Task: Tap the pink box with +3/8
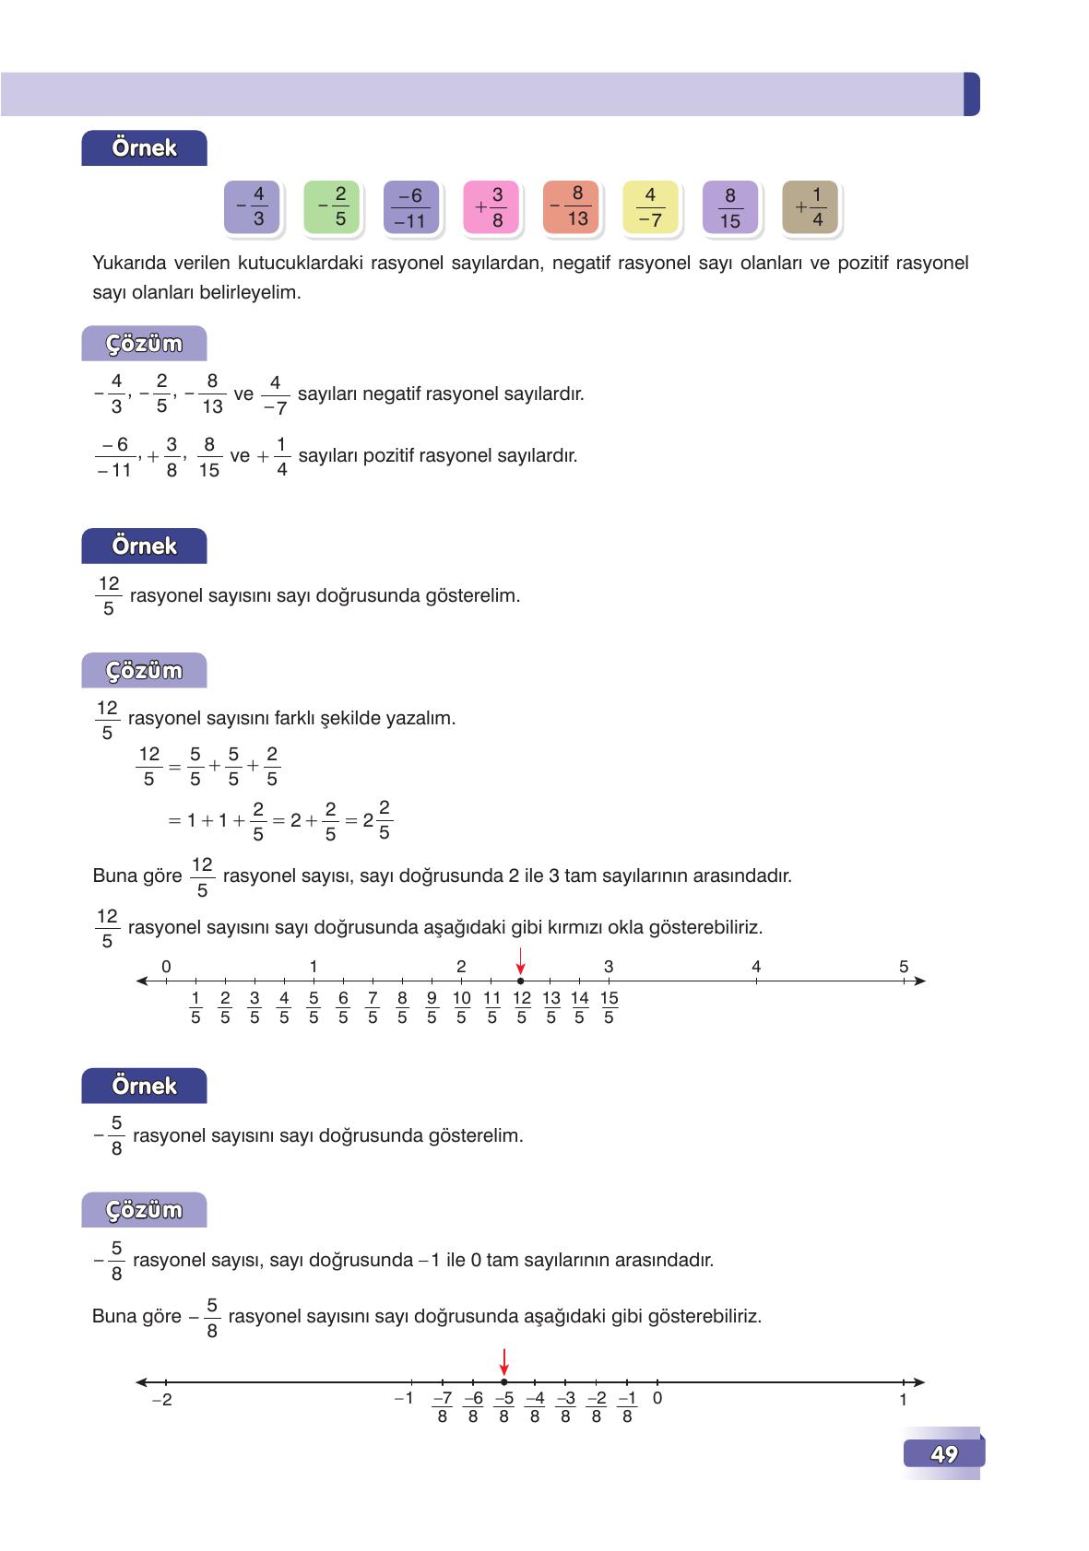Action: (490, 206)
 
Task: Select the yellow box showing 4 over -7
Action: (650, 206)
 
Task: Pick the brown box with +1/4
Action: (810, 206)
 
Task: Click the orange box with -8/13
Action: (570, 206)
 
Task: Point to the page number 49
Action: (944, 1454)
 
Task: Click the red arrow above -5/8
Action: (503, 1361)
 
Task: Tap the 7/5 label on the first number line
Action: (373, 1007)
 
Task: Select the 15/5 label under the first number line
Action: (609, 1007)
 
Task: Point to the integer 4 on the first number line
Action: (756, 967)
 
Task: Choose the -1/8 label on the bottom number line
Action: (627, 1407)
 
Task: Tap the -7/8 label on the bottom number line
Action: (442, 1407)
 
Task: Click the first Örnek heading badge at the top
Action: (144, 148)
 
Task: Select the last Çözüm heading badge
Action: (144, 1210)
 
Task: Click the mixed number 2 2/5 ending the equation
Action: (378, 820)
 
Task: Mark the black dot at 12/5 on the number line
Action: (521, 981)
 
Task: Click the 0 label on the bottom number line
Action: (657, 1398)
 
